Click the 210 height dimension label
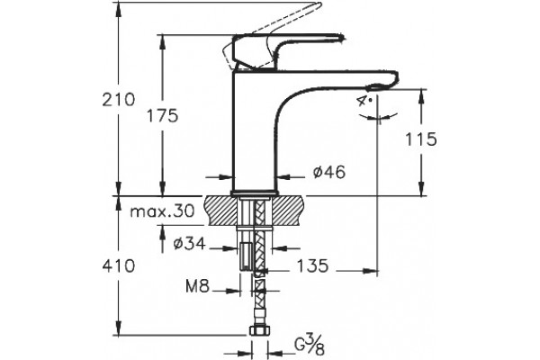click(x=119, y=100)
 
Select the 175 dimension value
click(x=163, y=115)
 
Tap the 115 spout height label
click(x=420, y=139)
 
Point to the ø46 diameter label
click(x=328, y=172)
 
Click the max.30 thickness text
click(x=162, y=211)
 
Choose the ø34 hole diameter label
click(x=189, y=244)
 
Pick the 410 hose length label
click(x=119, y=266)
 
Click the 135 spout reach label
click(x=312, y=265)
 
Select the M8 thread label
click(x=197, y=286)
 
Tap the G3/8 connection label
click(x=310, y=346)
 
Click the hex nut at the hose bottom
click(x=260, y=331)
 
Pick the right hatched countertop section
click(x=289, y=211)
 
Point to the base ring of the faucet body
click(x=254, y=193)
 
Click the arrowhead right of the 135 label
click(x=370, y=270)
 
